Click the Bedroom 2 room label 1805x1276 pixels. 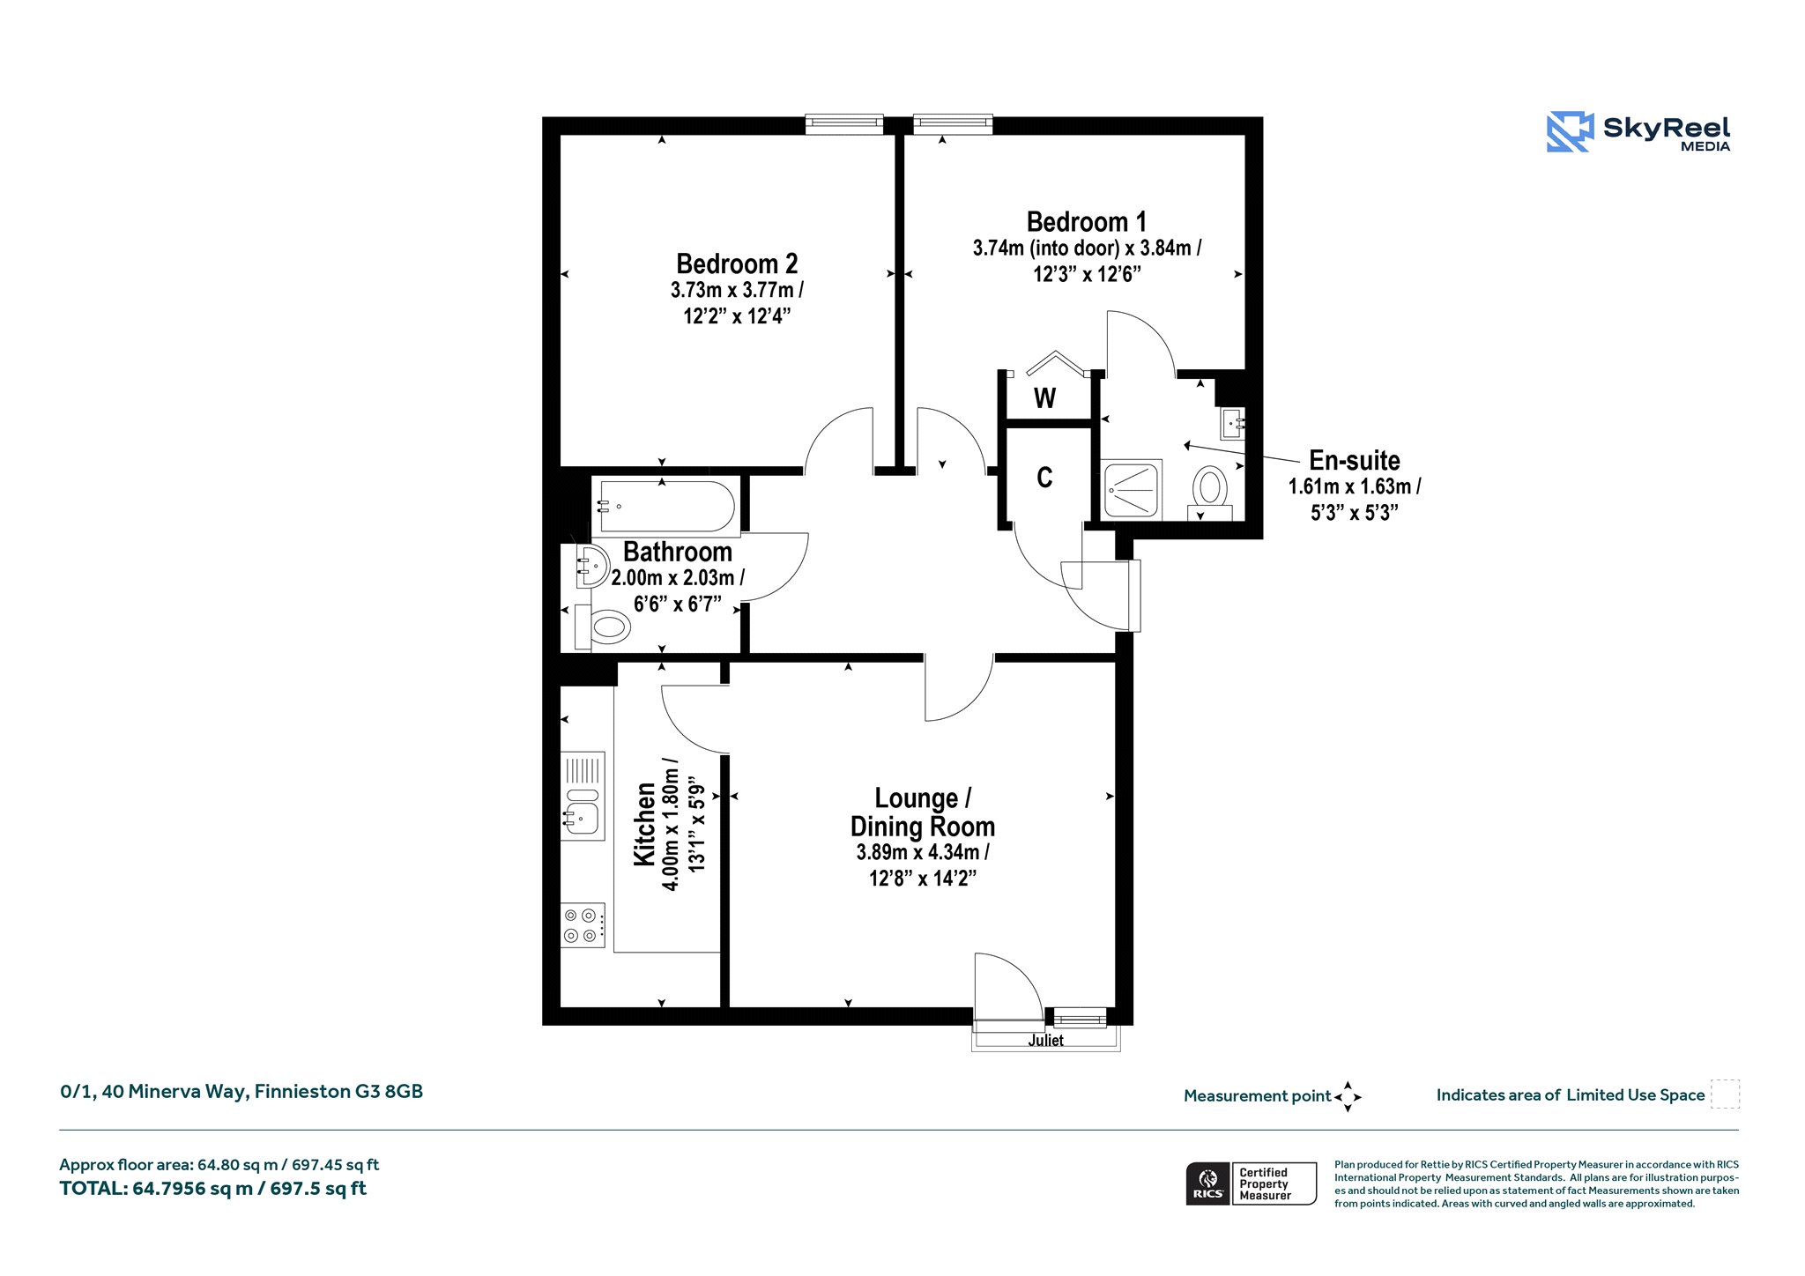(x=737, y=263)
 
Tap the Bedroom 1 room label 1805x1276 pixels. (x=1087, y=221)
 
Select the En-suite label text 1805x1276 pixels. (x=1355, y=460)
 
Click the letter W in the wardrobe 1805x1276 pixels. (x=1044, y=398)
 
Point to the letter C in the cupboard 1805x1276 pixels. (x=1044, y=478)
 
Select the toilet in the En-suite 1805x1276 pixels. (x=1210, y=488)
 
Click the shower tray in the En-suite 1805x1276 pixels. (x=1133, y=489)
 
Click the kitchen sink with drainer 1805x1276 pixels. (x=583, y=796)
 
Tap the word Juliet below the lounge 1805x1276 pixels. (x=1045, y=1041)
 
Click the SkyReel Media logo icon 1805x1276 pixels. (x=1570, y=132)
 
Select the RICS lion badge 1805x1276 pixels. (x=1208, y=1183)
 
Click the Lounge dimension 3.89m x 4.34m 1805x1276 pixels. (x=923, y=852)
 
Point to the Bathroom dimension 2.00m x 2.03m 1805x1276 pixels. (x=678, y=578)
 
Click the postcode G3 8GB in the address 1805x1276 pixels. (x=390, y=1091)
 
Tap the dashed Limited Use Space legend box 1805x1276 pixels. (x=1725, y=1094)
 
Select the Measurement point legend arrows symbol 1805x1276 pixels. (x=1348, y=1097)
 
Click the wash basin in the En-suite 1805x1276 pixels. (x=1232, y=424)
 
